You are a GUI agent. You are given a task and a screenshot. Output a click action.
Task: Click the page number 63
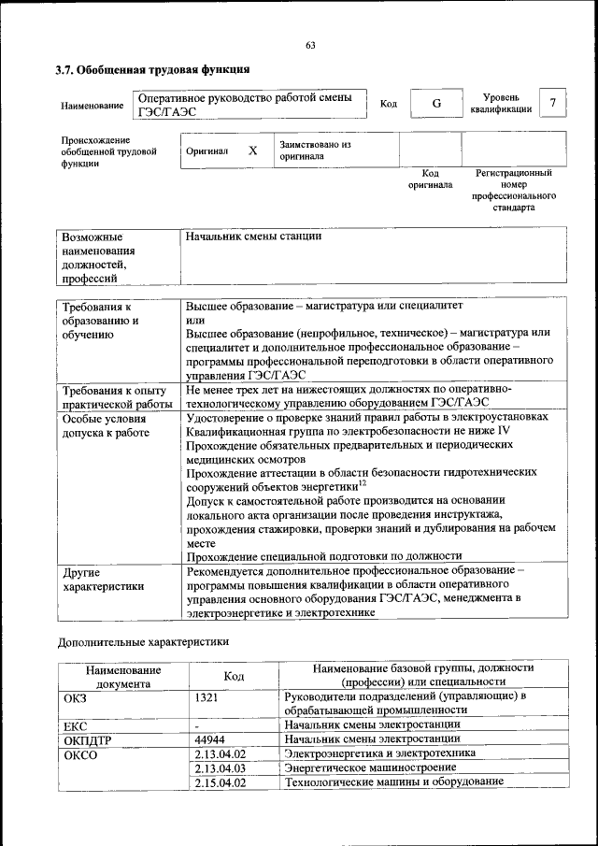[x=310, y=45]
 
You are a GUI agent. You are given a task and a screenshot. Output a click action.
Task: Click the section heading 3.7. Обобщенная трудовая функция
[x=151, y=69]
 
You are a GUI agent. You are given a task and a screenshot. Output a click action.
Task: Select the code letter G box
[x=436, y=104]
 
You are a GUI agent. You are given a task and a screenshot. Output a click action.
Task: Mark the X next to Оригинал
[x=252, y=151]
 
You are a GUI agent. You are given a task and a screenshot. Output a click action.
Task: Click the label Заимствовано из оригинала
[x=314, y=151]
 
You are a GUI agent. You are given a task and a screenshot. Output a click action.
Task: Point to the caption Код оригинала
[x=430, y=179]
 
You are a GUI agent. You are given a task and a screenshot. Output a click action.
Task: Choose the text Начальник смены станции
[x=253, y=237]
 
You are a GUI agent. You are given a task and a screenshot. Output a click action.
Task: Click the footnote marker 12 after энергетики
[x=362, y=482]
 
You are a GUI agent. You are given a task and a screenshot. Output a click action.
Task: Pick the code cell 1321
[x=208, y=696]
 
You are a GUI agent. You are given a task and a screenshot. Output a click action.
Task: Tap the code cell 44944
[x=211, y=738]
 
